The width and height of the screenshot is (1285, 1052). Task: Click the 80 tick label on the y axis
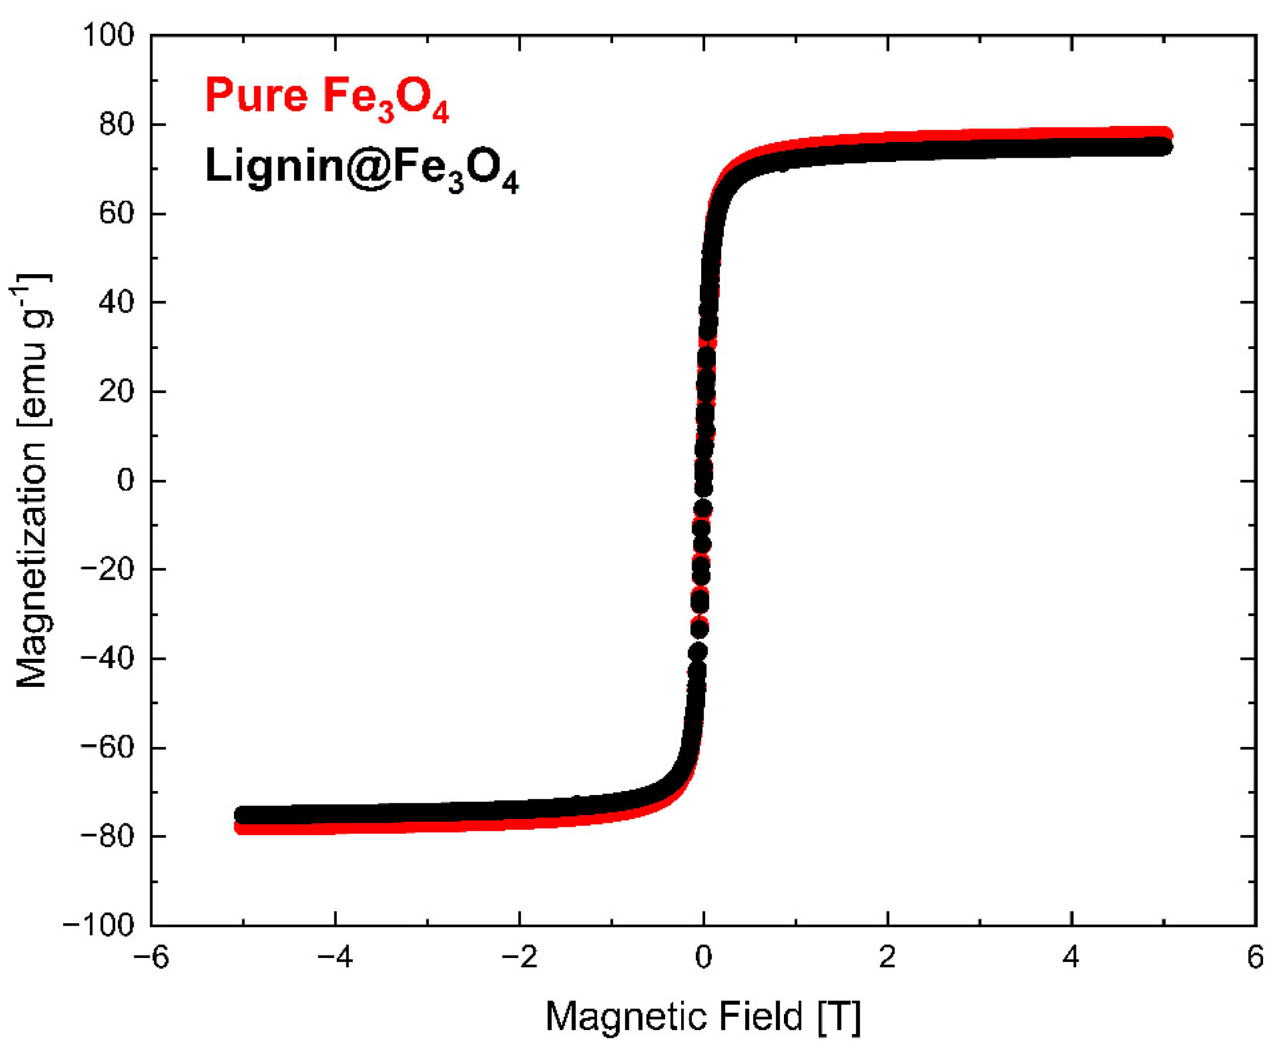click(x=116, y=125)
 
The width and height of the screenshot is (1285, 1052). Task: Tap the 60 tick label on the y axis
click(x=116, y=214)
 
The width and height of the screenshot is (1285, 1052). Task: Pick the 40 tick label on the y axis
click(x=116, y=303)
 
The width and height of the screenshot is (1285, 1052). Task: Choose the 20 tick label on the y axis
click(x=116, y=392)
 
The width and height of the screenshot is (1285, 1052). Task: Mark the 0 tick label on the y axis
click(x=125, y=481)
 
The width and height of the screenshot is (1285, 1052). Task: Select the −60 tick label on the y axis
click(x=107, y=747)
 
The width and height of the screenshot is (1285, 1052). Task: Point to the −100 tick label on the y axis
click(x=99, y=925)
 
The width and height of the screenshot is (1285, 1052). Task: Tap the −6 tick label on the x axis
click(x=152, y=958)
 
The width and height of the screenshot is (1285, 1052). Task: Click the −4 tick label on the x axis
click(x=336, y=958)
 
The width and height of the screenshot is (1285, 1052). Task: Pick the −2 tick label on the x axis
click(x=520, y=958)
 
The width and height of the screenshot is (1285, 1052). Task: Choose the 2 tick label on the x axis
click(x=888, y=958)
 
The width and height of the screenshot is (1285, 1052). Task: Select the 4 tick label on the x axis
click(x=1072, y=958)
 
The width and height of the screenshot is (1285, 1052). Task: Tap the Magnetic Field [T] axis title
click(x=703, y=1017)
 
